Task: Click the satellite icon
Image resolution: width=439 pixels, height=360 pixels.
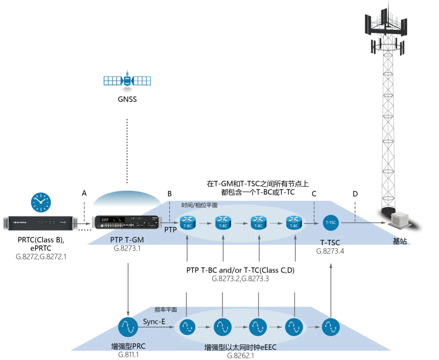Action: click(128, 80)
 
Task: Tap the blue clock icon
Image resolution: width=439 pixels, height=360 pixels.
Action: click(41, 202)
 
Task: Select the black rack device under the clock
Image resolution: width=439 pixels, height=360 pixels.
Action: click(41, 223)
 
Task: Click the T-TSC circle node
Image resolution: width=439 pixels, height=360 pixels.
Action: click(331, 222)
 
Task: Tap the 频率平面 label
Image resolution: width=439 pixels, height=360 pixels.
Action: click(165, 309)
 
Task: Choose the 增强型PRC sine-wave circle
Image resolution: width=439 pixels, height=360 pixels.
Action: click(128, 327)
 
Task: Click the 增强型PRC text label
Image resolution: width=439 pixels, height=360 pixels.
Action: click(128, 346)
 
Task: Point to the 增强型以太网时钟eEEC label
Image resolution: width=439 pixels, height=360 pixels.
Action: click(240, 348)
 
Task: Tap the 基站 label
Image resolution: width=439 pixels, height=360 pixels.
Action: click(400, 241)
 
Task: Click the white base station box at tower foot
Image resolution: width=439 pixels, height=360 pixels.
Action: click(401, 219)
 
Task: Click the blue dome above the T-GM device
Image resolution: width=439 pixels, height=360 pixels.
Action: click(127, 199)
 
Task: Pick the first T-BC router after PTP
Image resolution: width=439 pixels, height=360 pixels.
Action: click(187, 223)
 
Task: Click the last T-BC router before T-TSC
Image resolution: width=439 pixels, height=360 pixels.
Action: click(294, 223)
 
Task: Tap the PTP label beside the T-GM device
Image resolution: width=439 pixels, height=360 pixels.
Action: click(170, 230)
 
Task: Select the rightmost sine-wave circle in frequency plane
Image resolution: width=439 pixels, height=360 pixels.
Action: click(331, 327)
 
